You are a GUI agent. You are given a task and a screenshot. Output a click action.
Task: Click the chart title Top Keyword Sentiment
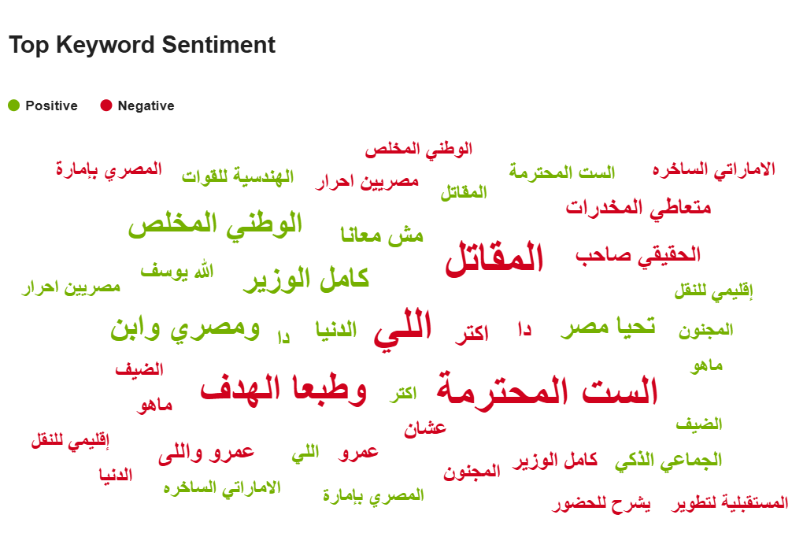142,45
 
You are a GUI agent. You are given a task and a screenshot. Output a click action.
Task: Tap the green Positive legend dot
13,106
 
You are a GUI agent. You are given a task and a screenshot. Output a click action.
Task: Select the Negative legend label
146,106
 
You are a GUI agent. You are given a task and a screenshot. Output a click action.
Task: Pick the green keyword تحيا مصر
608,326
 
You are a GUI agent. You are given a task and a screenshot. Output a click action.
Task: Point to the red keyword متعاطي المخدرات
638,208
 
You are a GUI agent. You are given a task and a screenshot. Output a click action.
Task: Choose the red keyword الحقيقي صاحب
638,255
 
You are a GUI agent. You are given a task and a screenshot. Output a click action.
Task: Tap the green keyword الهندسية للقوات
238,176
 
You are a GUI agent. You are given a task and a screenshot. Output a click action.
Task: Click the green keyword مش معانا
382,235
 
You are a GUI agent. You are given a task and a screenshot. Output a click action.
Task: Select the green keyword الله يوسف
177,271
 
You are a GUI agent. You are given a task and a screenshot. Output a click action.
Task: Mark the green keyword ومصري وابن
185,328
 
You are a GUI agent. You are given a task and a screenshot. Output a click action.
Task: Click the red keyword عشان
425,428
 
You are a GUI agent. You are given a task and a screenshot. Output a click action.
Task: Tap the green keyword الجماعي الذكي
668,461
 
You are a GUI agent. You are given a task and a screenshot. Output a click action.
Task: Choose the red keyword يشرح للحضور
601,504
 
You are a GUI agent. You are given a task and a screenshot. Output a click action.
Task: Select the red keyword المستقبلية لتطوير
729,503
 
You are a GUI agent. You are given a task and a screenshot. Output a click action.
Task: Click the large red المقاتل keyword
494,258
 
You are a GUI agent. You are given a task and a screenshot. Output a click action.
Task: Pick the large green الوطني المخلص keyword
215,224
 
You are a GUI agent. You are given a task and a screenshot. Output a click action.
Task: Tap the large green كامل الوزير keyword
306,280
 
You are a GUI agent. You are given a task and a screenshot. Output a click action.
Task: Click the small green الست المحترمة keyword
562,172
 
